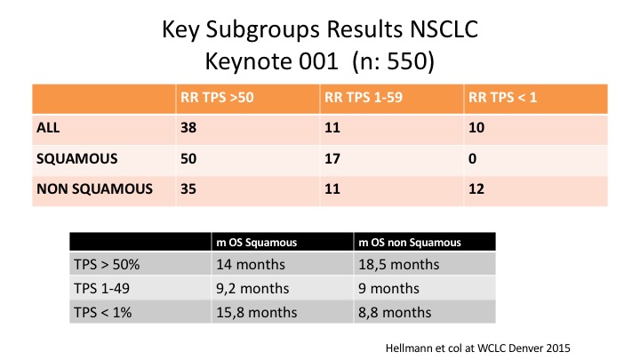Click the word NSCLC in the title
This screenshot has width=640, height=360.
tap(444, 29)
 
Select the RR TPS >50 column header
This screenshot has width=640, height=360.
tap(217, 98)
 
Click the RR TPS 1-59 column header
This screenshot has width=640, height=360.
tap(364, 98)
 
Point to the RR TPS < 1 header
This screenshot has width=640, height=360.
tap(502, 98)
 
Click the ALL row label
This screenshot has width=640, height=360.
tap(48, 128)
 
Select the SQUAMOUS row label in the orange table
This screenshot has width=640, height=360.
tap(77, 158)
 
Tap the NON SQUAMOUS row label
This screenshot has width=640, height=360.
tap(95, 189)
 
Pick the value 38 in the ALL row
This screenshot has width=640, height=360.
tap(188, 128)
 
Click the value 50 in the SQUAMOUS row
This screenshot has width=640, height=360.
tap(188, 158)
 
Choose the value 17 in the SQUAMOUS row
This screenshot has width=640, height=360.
tap(332, 158)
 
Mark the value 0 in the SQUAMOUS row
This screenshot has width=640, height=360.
tap(472, 158)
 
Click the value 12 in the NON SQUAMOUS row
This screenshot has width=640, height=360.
tap(476, 189)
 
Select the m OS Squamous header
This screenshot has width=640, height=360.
tap(256, 243)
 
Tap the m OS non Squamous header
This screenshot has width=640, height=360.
tap(410, 243)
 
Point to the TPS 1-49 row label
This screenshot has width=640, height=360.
tap(101, 289)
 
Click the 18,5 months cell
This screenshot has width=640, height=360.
tap(399, 265)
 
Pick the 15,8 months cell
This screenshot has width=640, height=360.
tap(256, 313)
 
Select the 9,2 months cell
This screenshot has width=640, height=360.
tap(252, 289)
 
